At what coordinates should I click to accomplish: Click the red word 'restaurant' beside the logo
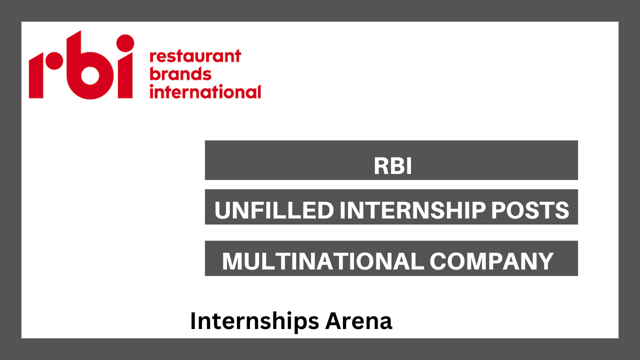195,56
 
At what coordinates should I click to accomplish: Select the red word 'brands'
180,73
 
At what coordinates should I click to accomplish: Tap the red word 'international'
205,91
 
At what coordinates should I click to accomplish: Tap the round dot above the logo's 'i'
125,43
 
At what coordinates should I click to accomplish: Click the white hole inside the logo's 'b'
90,75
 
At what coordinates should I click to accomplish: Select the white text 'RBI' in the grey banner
393,165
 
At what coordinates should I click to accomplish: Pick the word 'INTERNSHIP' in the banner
412,210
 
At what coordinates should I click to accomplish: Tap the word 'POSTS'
530,210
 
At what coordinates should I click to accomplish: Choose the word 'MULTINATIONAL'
323,261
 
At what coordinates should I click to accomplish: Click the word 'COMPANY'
491,261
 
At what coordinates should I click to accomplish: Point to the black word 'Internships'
254,321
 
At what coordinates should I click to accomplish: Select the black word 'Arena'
358,321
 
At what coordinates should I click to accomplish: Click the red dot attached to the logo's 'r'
54,61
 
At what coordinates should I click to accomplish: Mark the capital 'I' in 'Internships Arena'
193,321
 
